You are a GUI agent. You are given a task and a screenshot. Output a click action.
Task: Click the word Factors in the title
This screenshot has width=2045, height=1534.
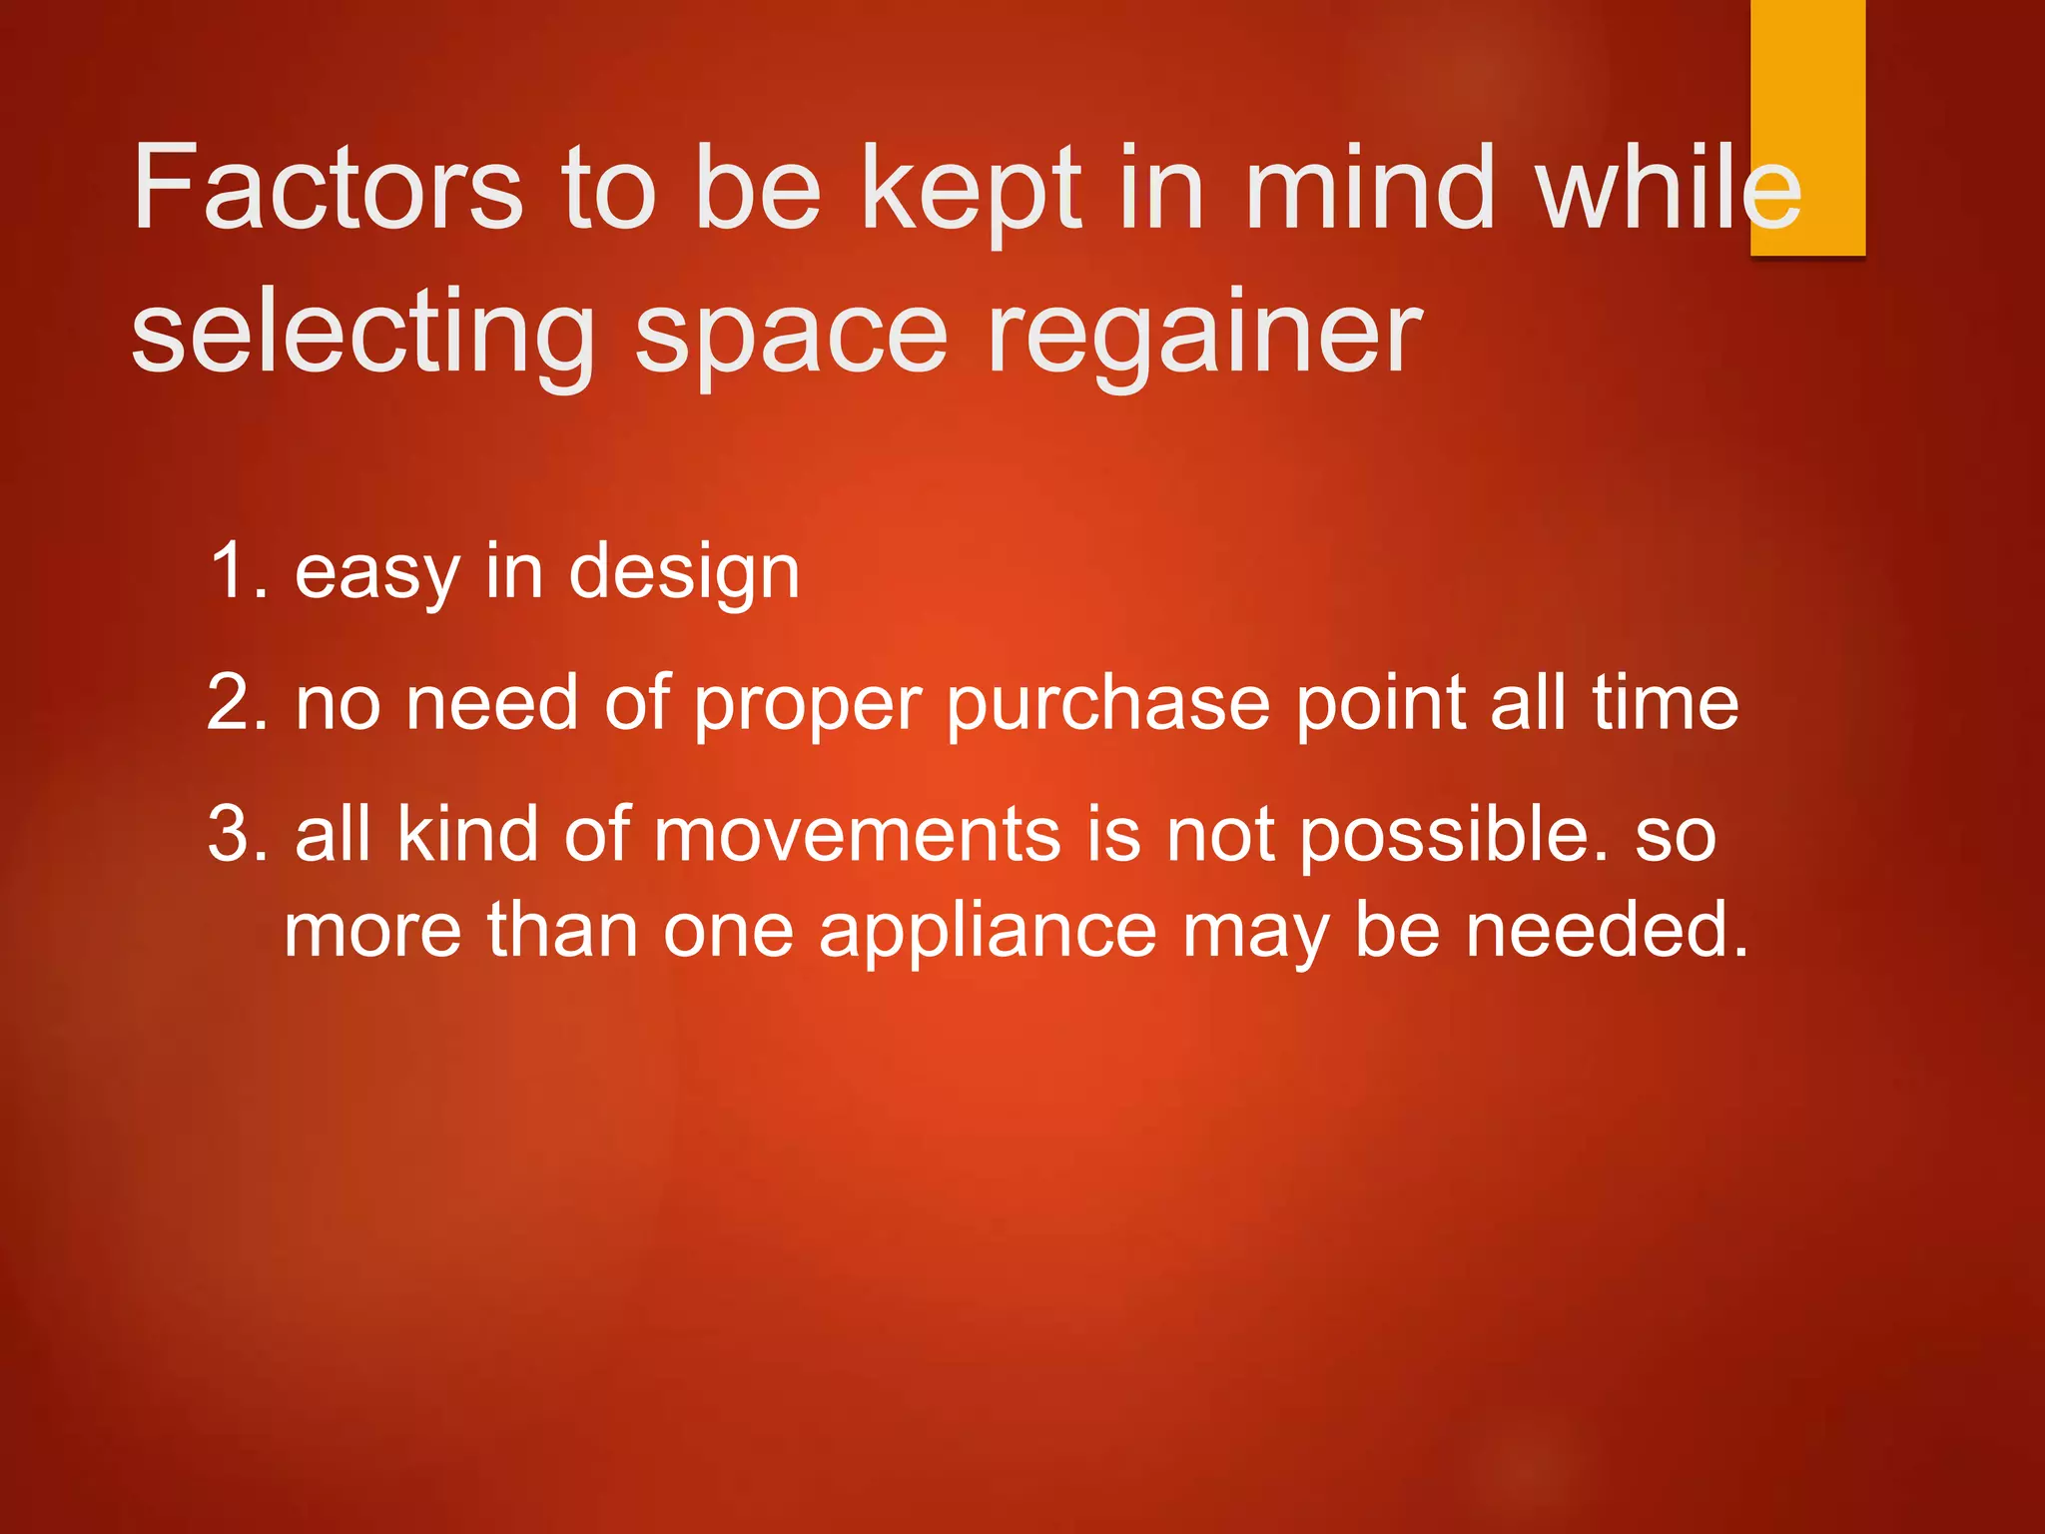coord(328,188)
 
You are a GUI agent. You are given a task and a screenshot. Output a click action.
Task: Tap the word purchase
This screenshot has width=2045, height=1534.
coord(1107,705)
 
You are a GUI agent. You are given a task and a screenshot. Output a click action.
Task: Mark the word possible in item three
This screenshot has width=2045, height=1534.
coord(1454,835)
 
